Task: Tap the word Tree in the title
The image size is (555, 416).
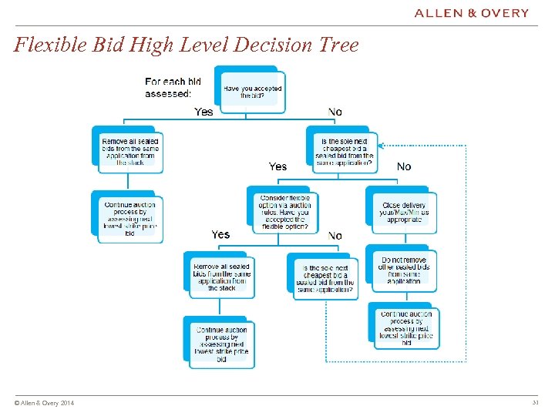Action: (x=340, y=45)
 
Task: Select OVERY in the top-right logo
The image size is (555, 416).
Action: (x=506, y=13)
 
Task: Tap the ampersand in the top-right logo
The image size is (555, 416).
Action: (x=473, y=13)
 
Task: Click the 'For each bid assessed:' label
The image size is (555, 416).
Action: (x=174, y=87)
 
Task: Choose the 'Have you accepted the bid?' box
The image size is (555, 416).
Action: (x=252, y=92)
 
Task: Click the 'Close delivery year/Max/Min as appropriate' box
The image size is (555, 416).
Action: (x=404, y=213)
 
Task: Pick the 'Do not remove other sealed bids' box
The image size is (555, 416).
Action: (x=404, y=270)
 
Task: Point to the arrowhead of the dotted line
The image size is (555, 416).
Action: (x=385, y=146)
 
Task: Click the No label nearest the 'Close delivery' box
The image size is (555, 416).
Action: (x=404, y=166)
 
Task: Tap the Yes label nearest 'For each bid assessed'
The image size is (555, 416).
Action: (x=204, y=112)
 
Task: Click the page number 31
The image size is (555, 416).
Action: (x=535, y=403)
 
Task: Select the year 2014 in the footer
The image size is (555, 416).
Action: (x=67, y=404)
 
